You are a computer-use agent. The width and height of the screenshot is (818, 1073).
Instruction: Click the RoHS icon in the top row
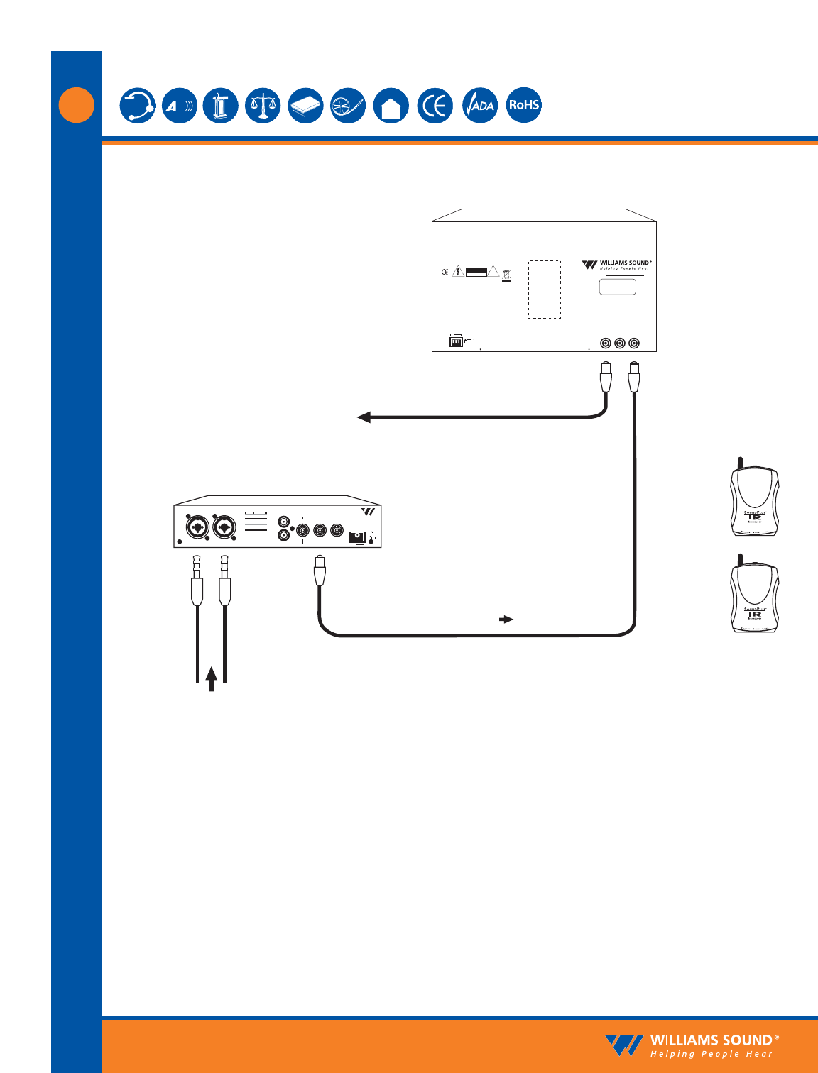click(x=524, y=105)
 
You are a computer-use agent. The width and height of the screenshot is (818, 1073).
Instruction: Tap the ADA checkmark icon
click(x=481, y=106)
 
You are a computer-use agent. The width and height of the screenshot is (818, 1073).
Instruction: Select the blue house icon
click(x=391, y=106)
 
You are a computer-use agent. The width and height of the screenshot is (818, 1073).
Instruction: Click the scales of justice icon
click(x=263, y=106)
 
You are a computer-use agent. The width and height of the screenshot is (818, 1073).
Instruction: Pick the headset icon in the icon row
click(x=137, y=106)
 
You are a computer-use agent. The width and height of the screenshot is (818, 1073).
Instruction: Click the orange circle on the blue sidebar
click(x=77, y=105)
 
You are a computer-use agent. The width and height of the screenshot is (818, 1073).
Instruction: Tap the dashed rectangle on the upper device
click(x=545, y=289)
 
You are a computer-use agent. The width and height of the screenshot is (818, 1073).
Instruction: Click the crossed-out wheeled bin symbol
click(x=506, y=275)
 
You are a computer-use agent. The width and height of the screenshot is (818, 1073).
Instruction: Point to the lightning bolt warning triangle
click(x=459, y=271)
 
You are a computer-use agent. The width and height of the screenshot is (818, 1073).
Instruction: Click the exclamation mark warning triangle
click(x=493, y=271)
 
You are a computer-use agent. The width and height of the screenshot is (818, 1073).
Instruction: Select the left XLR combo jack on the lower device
click(x=197, y=527)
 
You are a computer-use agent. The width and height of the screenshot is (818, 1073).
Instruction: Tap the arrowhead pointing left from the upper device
click(x=364, y=417)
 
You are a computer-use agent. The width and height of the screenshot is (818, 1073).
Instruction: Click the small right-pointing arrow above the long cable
click(x=506, y=620)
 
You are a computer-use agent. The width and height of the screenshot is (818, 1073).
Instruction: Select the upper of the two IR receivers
click(x=755, y=500)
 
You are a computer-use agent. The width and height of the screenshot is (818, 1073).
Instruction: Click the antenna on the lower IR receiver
click(x=740, y=561)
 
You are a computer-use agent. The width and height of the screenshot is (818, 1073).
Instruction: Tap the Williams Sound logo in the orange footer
click(x=692, y=1045)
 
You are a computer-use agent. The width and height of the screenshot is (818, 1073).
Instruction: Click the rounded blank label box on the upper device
click(x=618, y=287)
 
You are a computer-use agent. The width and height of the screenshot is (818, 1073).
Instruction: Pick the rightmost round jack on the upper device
click(x=634, y=343)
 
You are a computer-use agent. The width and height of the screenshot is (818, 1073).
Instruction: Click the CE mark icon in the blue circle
click(x=435, y=106)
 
